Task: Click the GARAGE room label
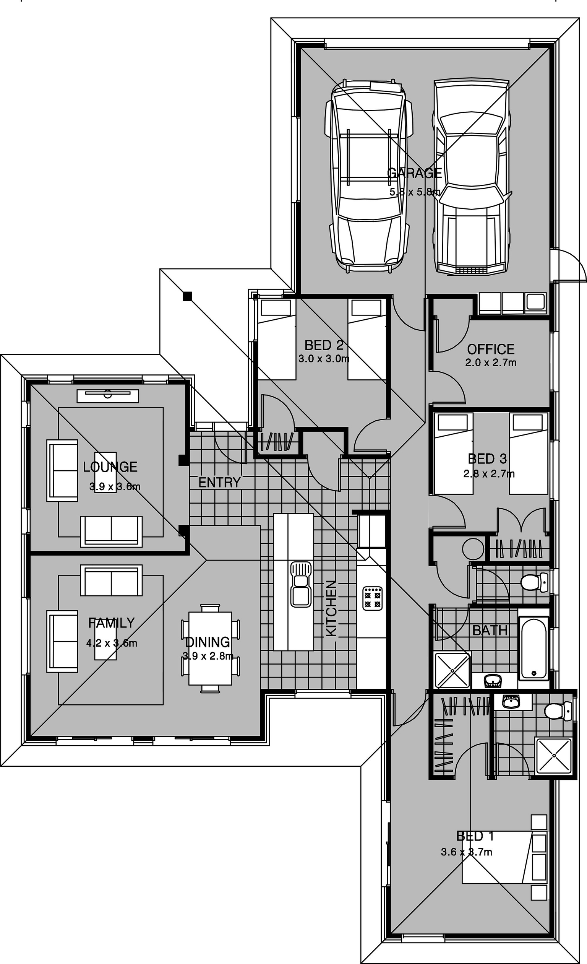pos(414,172)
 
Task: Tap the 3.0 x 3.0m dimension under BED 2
pos(324,358)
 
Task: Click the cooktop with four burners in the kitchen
pos(372,598)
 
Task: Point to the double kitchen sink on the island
pos(301,585)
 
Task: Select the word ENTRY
pos(219,483)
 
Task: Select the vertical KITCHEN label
pos(331,608)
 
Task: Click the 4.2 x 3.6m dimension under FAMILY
pos(112,643)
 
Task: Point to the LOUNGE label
pos(110,467)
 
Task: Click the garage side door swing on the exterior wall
pos(569,265)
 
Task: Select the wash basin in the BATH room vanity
pos(493,680)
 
